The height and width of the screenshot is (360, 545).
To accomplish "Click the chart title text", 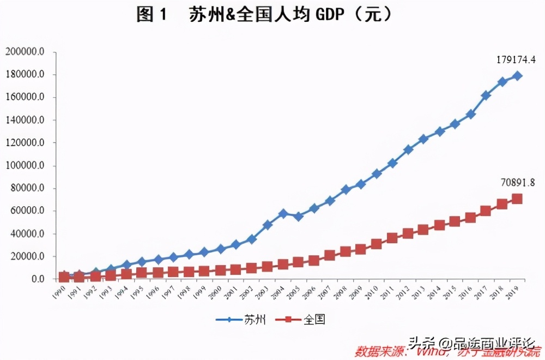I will pyautogui.click(x=264, y=15).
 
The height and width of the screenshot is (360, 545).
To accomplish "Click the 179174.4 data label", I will pyautogui.click(x=516, y=59).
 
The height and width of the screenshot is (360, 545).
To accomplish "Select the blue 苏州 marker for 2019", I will pyautogui.click(x=517, y=76).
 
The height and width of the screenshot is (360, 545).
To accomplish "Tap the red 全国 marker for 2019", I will pyautogui.click(x=517, y=199).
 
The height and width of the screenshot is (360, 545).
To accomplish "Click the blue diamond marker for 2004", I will pyautogui.click(x=283, y=213).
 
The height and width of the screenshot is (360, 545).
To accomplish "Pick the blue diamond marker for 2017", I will pyautogui.click(x=486, y=95).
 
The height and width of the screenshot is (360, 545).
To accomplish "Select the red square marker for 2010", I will pyautogui.click(x=377, y=244).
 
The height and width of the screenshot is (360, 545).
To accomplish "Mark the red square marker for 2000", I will pyautogui.click(x=220, y=271).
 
